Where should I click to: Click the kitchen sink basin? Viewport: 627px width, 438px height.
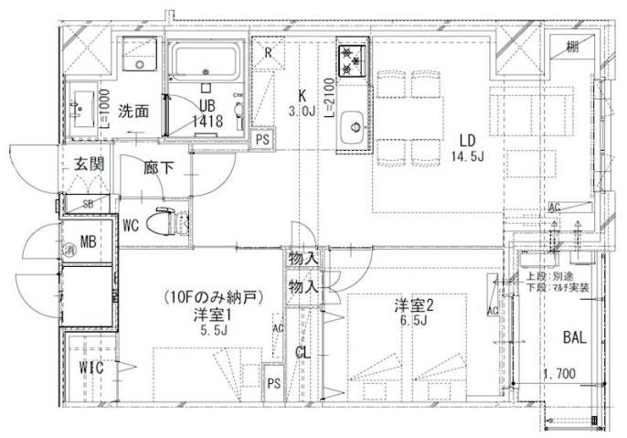351,131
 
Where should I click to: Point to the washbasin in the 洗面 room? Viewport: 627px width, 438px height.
82,107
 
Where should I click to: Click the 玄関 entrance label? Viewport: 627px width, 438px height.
88,165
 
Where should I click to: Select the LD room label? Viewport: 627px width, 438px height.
467,140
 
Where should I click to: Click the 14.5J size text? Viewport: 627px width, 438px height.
467,156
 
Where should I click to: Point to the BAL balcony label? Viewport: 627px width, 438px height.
574,337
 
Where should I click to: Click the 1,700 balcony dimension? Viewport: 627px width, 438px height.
558,374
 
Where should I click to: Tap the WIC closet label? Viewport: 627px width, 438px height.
90,368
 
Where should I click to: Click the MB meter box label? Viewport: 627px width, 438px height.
88,242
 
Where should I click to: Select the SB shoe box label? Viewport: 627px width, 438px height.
89,204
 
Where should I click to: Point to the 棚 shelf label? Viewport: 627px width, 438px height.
570,47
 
